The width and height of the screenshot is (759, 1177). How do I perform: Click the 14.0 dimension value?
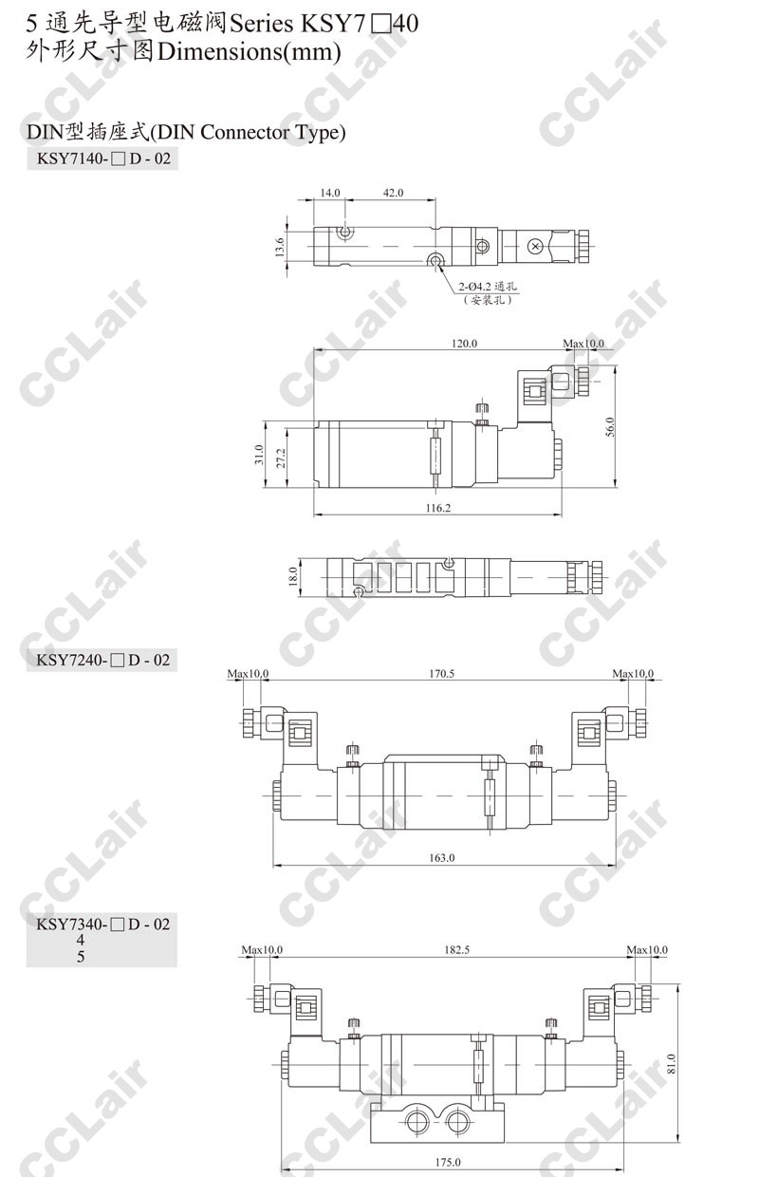pyautogui.click(x=330, y=193)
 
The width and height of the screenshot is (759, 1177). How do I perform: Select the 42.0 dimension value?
pyautogui.click(x=393, y=193)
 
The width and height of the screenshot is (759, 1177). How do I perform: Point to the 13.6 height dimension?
pyautogui.click(x=280, y=247)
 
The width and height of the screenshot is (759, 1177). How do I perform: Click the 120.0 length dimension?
pyautogui.click(x=464, y=344)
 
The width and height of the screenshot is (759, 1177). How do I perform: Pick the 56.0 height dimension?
pyautogui.click(x=609, y=427)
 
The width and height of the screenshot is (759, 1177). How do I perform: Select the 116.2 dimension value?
pyautogui.click(x=438, y=508)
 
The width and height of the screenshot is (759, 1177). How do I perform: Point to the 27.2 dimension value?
pyautogui.click(x=281, y=458)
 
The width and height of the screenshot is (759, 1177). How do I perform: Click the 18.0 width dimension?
pyautogui.click(x=293, y=576)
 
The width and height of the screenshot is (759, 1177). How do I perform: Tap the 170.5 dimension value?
pyautogui.click(x=441, y=674)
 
